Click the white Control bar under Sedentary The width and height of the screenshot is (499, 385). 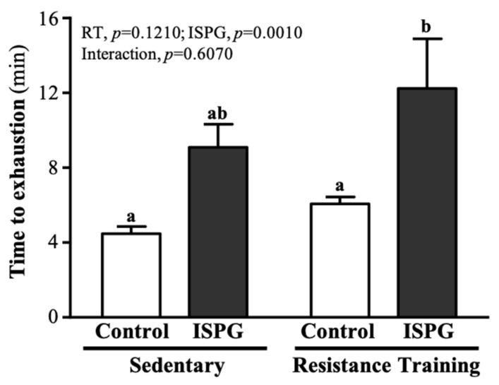tap(131, 276)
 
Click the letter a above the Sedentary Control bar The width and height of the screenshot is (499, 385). tap(131, 216)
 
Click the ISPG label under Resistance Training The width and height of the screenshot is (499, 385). tap(428, 332)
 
